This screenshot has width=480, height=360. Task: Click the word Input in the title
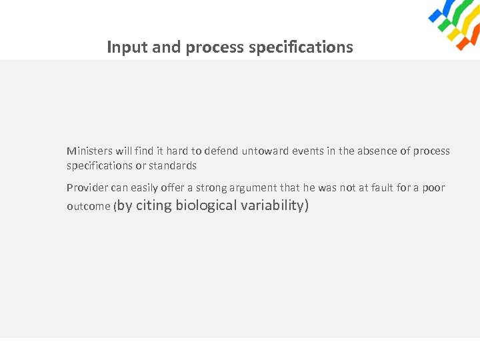(122, 48)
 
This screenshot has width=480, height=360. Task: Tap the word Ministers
(88, 151)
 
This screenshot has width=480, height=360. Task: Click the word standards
(173, 165)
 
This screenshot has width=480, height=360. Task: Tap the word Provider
(87, 188)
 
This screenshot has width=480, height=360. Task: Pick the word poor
(433, 188)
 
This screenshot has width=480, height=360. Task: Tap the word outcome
(89, 207)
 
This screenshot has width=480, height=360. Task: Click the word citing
(154, 205)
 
